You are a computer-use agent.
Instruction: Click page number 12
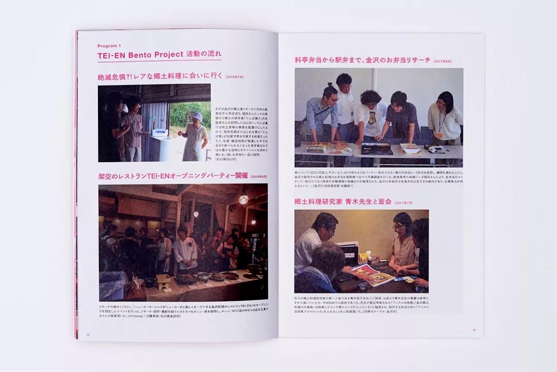[x=88, y=334]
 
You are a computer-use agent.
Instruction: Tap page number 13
[x=473, y=330]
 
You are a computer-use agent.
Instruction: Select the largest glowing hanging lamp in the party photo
[x=243, y=199]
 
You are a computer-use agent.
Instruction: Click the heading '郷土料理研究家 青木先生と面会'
[x=343, y=202]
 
